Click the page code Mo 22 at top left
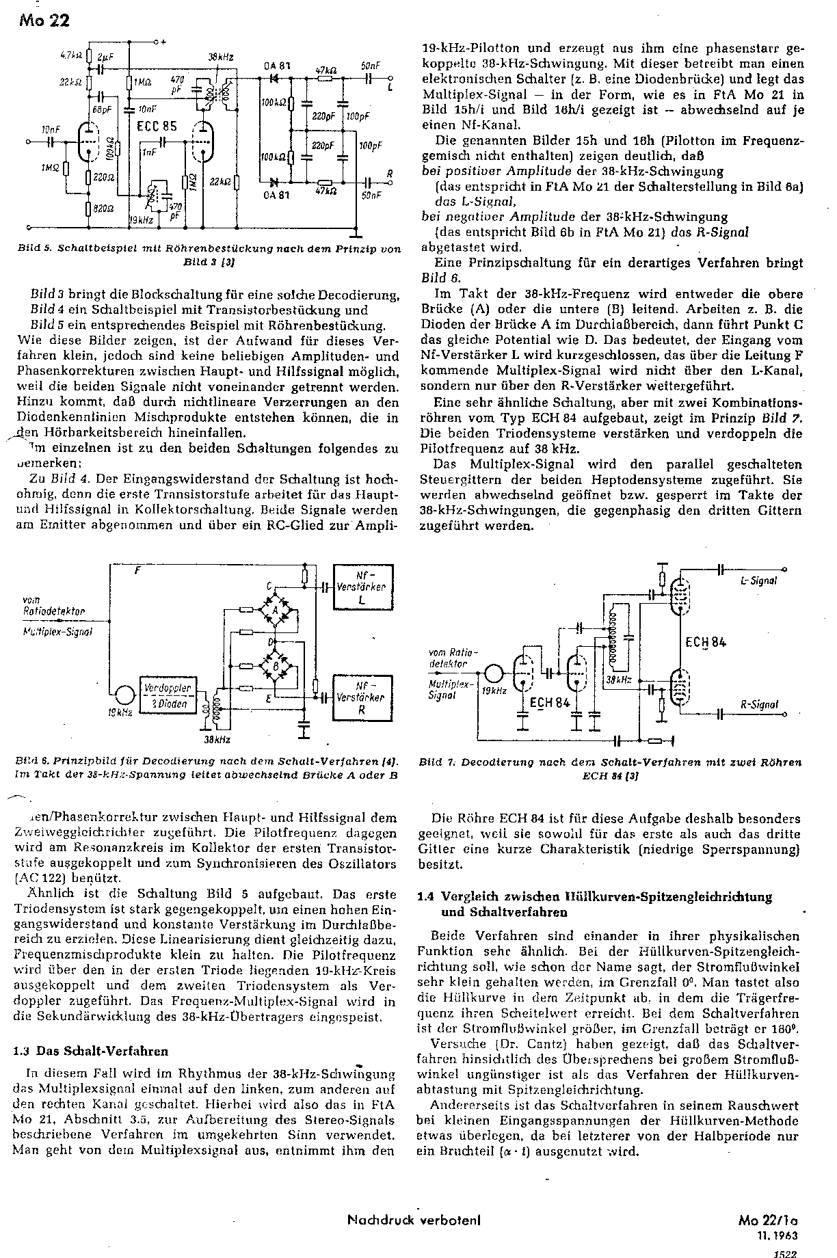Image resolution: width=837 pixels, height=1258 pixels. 44,21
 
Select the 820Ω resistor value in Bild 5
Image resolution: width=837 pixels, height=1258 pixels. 105,208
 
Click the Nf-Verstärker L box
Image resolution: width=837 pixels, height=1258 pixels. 362,587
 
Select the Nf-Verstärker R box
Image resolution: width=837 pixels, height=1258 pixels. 362,697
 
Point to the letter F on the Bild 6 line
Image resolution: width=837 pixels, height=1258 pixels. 137,571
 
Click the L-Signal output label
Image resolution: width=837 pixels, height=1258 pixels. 759,581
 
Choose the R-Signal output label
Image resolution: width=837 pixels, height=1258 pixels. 759,704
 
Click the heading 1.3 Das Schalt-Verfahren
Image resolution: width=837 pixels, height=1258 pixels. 91,1051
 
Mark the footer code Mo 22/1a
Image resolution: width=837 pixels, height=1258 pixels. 769,1219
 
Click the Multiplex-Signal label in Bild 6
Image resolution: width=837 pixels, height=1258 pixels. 57,631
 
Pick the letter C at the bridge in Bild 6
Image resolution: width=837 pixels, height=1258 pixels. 270,586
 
